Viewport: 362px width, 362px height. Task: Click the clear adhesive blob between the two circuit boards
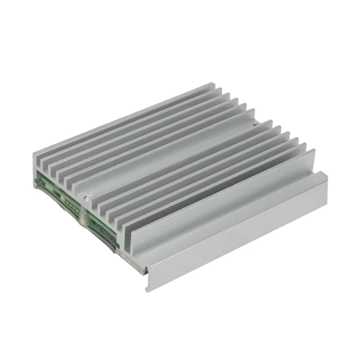tap(85, 212)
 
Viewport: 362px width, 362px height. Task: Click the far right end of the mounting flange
tap(326, 174)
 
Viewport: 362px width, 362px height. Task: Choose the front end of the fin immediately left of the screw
tap(77, 192)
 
